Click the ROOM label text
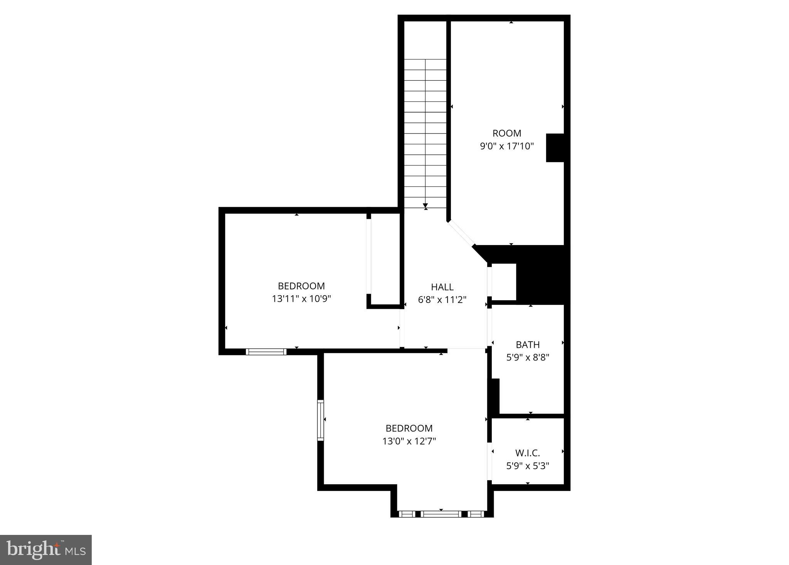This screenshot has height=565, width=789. coord(506,134)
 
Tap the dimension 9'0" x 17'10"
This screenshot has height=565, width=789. coord(506,146)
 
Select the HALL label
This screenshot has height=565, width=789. coord(442,287)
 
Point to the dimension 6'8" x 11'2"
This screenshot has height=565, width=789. coord(442,300)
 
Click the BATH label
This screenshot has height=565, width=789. coord(528,345)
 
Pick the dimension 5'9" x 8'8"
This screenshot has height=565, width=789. coord(528,357)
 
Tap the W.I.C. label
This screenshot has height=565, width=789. coord(528,453)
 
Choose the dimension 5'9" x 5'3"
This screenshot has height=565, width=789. coord(528,466)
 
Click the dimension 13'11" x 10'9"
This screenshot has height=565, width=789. coord(301,299)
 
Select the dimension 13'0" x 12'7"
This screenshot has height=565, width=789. coord(409,441)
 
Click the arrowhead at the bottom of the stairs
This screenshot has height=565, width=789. coord(426,205)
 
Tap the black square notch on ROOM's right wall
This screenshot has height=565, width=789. coord(555,148)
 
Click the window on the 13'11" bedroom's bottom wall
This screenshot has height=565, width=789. coord(266,352)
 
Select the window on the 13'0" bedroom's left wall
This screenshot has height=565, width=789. coord(320,420)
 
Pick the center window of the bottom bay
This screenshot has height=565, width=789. coord(441,514)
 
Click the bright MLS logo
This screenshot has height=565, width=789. coord(46,550)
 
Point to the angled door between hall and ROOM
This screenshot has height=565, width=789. coord(461,233)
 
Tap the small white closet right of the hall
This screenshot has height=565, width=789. coord(504,282)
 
